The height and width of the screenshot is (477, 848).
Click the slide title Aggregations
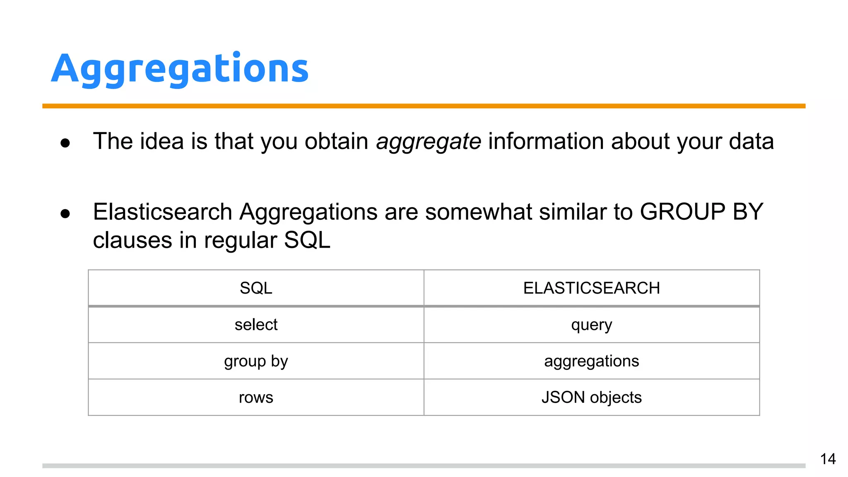(180, 69)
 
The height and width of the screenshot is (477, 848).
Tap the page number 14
(828, 459)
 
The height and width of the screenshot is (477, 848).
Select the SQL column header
(256, 288)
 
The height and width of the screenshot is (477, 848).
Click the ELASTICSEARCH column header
(591, 288)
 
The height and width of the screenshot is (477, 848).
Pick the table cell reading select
(256, 325)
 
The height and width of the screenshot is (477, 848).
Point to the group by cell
(256, 361)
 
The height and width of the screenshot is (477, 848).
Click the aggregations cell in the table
(591, 361)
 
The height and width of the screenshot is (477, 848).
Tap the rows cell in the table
(256, 397)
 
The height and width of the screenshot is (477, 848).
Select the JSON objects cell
(591, 397)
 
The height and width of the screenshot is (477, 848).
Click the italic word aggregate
(428, 142)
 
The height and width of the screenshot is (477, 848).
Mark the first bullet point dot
(65, 143)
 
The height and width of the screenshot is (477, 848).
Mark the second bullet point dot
(65, 214)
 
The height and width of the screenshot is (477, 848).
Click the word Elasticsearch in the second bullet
(162, 212)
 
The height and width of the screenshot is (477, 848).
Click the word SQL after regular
(307, 240)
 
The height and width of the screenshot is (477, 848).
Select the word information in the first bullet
(546, 141)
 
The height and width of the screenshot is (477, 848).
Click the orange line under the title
(424, 106)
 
